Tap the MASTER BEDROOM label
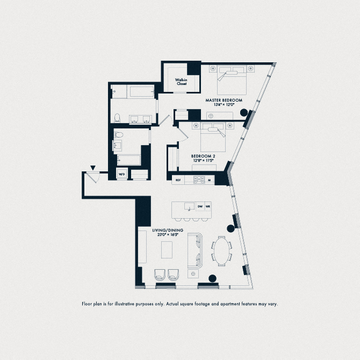(224, 100)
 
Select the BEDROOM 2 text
(203, 156)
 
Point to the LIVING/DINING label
(168, 230)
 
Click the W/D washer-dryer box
(121, 174)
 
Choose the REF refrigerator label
(178, 181)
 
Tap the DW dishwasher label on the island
(200, 206)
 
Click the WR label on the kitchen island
(208, 206)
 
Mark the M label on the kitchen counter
(209, 181)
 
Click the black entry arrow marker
(92, 168)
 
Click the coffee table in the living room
(167, 250)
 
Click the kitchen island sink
(189, 206)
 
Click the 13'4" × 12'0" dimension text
(224, 106)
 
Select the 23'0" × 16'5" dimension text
(168, 235)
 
